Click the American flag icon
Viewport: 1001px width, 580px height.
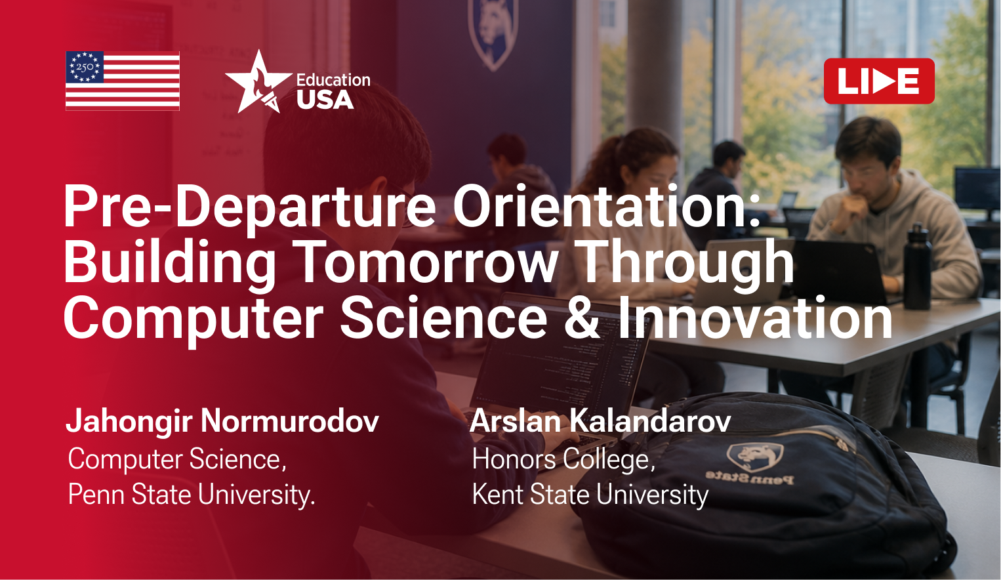point(123,81)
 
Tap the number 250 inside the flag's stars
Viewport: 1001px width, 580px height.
point(85,67)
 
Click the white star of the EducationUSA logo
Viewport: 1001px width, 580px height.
point(258,81)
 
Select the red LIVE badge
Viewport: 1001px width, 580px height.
point(879,81)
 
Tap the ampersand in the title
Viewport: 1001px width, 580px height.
point(582,318)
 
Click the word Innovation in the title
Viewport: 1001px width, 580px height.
point(755,318)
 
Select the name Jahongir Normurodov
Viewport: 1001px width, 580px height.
point(222,421)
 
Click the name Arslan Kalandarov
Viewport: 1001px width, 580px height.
point(600,421)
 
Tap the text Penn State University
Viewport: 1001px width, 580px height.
point(192,495)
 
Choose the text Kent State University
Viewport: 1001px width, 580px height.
point(590,495)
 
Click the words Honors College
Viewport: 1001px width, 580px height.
point(563,459)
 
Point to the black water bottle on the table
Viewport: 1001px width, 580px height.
point(918,266)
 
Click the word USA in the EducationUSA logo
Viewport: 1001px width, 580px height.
point(325,100)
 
